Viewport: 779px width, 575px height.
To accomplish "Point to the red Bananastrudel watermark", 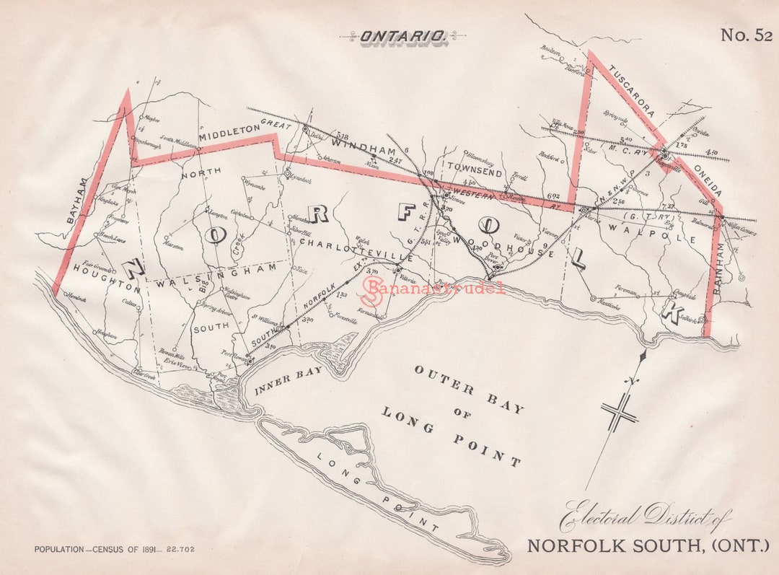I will (433, 289).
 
